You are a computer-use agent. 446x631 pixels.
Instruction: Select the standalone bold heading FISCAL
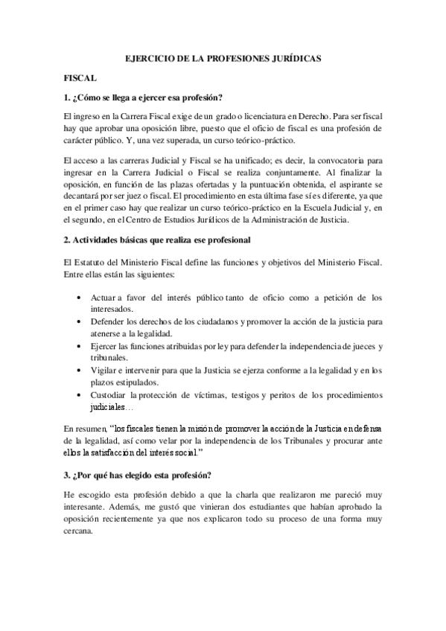(x=79, y=77)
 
